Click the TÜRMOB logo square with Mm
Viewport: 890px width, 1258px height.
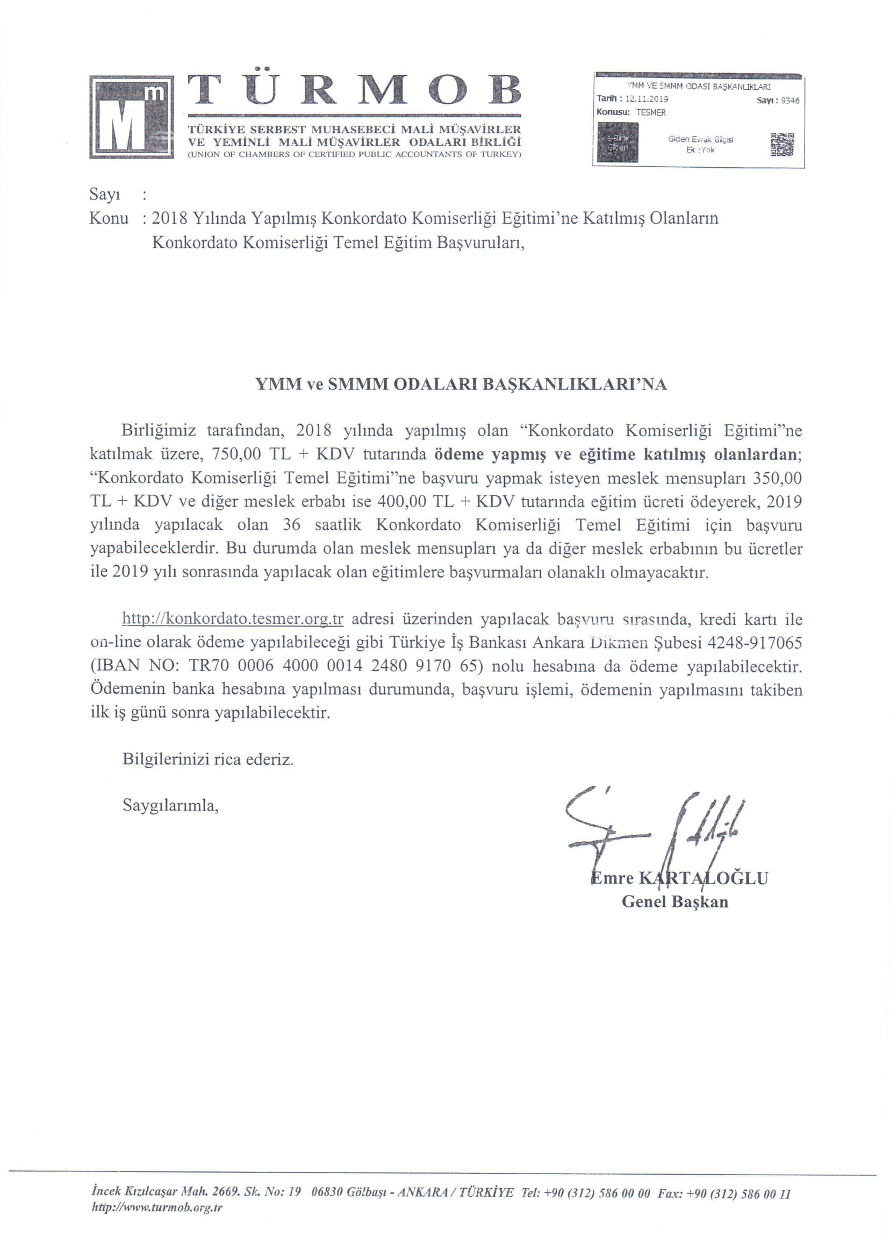click(x=132, y=117)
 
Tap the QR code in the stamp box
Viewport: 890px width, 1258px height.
click(x=783, y=145)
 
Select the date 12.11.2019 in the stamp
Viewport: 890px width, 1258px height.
click(x=647, y=99)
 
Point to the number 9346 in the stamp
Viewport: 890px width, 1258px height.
click(x=789, y=101)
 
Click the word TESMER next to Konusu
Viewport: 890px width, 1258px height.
click(x=650, y=112)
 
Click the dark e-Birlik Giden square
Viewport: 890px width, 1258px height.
click(x=618, y=143)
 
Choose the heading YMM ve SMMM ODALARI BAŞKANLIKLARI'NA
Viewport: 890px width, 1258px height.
click(x=461, y=384)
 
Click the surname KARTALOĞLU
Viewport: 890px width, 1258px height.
click(x=704, y=878)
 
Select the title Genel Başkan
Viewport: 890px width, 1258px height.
click(x=674, y=902)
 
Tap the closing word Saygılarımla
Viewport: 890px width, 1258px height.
click(x=170, y=806)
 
